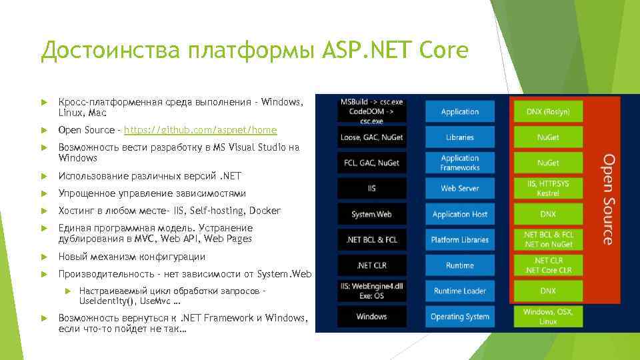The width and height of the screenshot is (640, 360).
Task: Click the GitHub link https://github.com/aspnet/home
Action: click(200, 130)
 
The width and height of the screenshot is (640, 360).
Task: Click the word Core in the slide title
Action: click(445, 50)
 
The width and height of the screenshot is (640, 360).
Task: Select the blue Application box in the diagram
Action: click(459, 112)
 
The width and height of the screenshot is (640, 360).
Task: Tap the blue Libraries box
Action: click(459, 137)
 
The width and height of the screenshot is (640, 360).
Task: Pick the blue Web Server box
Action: click(459, 189)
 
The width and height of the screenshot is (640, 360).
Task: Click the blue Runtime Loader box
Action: click(459, 291)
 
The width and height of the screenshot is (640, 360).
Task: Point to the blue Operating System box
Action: click(459, 317)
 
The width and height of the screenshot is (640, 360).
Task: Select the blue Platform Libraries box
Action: click(459, 240)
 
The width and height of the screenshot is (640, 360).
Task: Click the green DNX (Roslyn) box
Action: click(547, 112)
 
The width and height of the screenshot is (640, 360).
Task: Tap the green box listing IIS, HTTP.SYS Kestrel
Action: click(547, 187)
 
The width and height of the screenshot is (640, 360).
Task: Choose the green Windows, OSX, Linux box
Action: click(547, 317)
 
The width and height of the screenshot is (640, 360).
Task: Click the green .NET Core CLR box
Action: click(547, 265)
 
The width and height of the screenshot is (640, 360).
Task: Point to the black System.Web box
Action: click(371, 215)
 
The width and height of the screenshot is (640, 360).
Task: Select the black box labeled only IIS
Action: click(371, 189)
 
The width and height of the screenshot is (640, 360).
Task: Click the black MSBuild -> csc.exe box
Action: click(371, 112)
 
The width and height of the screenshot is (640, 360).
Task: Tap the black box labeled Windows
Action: click(371, 317)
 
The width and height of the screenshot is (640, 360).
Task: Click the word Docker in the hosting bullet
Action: click(265, 211)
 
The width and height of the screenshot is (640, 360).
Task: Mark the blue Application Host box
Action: click(459, 215)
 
